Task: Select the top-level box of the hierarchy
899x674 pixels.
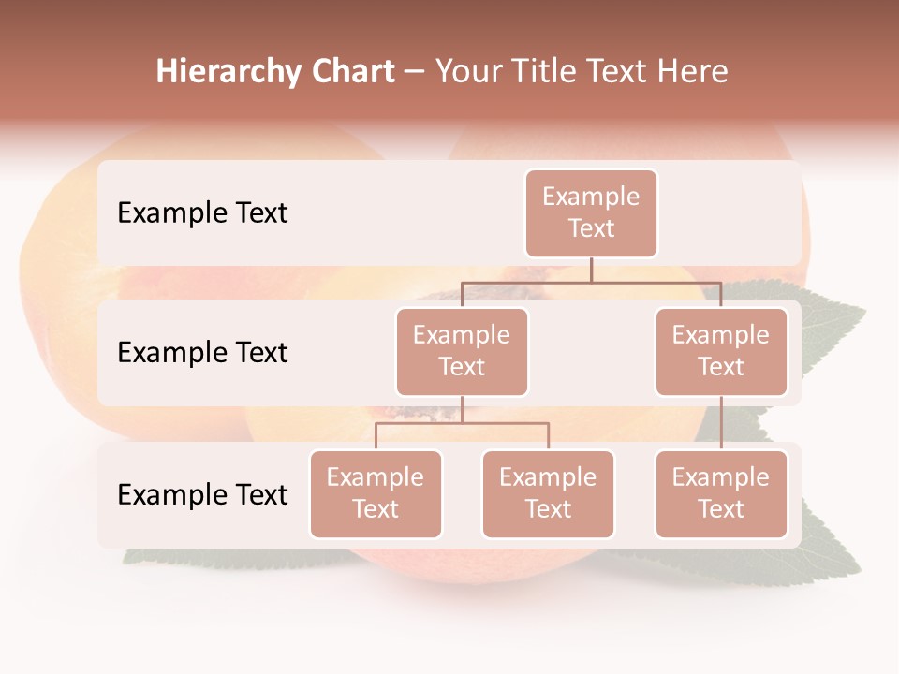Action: coord(591,212)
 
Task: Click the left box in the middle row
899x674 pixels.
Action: coord(462,351)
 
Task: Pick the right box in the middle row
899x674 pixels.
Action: coord(721,351)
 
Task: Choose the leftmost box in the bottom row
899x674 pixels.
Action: coord(376,493)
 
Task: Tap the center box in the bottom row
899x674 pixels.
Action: coord(548,493)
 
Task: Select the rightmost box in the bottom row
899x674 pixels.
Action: coord(721,493)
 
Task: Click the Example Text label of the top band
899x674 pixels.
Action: coord(202,212)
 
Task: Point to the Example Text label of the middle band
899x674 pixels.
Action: coord(202,352)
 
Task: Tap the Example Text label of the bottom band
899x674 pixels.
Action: coord(202,494)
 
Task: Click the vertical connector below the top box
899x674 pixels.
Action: coord(591,270)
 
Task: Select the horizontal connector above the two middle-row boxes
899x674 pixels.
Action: coord(591,282)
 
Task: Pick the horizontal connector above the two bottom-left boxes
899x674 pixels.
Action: coord(462,423)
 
